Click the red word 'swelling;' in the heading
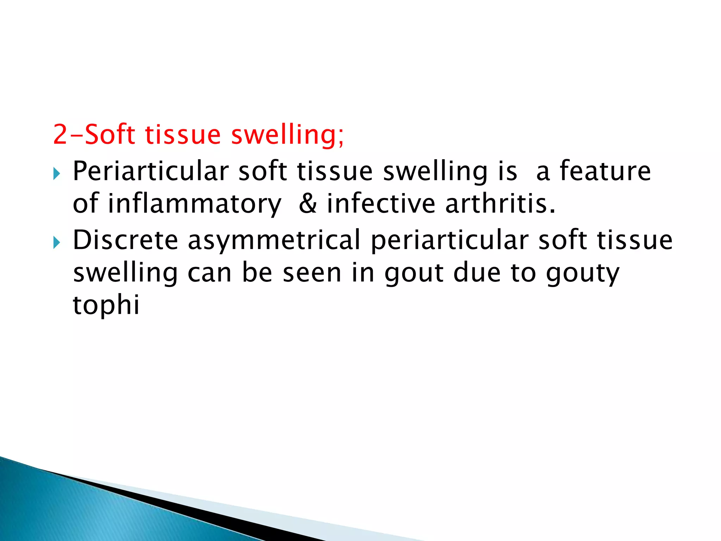click(287, 135)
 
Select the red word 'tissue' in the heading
click(183, 135)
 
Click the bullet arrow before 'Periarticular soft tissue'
click(57, 173)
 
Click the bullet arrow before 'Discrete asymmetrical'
click(57, 242)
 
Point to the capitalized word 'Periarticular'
click(151, 171)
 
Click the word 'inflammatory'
click(194, 204)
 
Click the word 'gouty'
click(582, 274)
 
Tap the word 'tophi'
click(106, 305)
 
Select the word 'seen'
click(312, 273)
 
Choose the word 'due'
click(477, 273)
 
